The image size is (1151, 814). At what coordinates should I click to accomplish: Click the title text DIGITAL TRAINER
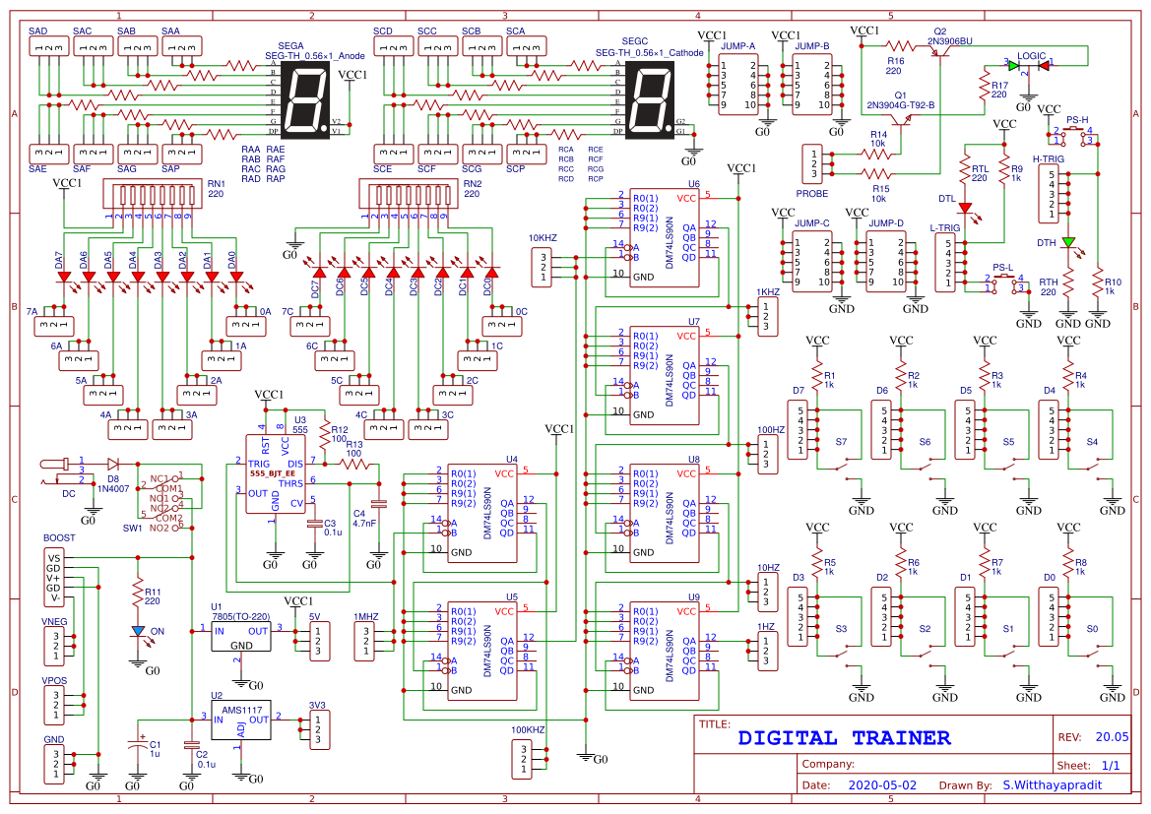[844, 737]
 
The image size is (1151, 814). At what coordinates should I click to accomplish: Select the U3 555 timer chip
[274, 473]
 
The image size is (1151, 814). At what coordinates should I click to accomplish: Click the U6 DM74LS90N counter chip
[666, 236]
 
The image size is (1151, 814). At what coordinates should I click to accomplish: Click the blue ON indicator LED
[138, 631]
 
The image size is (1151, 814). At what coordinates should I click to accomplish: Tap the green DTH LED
[1069, 242]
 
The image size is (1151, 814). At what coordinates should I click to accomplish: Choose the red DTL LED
[966, 209]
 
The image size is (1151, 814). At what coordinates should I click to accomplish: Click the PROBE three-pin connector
[812, 163]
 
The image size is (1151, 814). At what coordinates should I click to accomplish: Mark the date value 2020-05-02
[881, 785]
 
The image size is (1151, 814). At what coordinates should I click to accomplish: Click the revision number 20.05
[1112, 737]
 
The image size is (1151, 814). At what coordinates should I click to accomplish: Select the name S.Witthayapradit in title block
[1053, 785]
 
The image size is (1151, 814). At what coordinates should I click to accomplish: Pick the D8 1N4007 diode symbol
[112, 463]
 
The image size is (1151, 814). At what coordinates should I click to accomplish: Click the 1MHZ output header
[366, 640]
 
